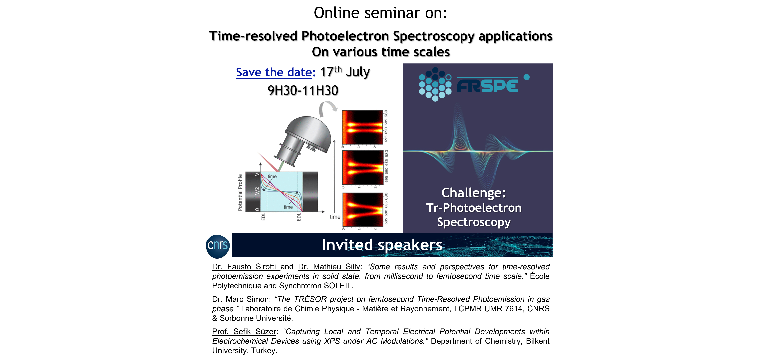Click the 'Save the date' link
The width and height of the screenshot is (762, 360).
[x=274, y=73]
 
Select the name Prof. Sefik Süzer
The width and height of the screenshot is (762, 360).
[x=244, y=332]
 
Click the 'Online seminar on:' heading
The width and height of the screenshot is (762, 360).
[x=380, y=13]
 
